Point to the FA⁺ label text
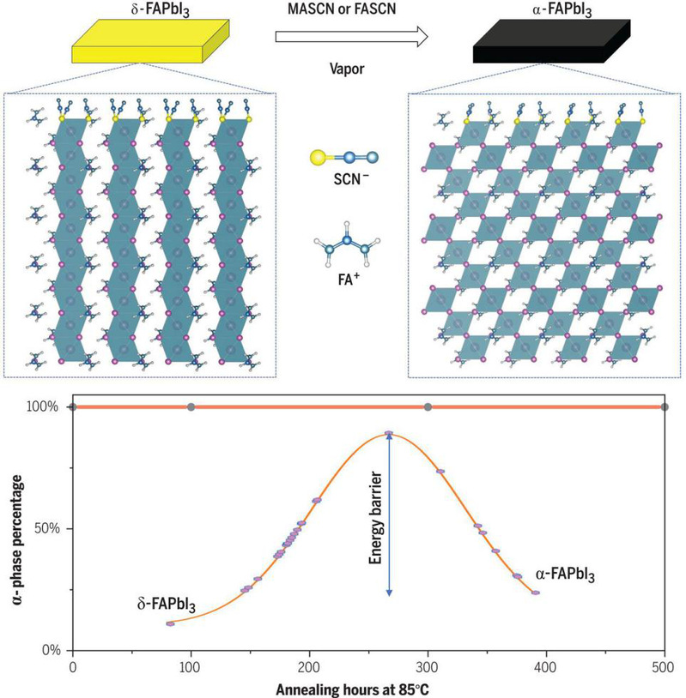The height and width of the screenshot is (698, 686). pos(345,279)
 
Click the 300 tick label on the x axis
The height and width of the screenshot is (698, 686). pos(428,666)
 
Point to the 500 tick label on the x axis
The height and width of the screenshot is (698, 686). pos(665,666)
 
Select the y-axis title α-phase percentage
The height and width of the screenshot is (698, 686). pos(16,528)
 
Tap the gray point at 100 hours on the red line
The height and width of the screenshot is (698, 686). pos(191,406)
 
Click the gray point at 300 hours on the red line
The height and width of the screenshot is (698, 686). pos(428,406)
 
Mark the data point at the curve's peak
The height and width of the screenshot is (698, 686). pos(389,434)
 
